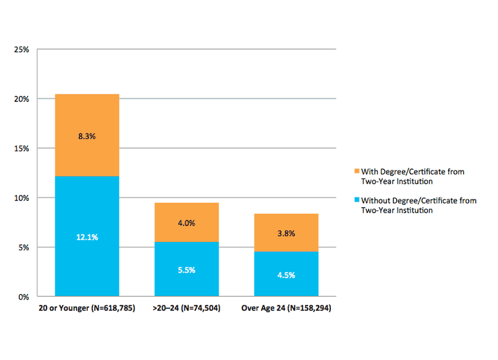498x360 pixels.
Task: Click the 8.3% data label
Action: [87, 136]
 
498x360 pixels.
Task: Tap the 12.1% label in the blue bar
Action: [87, 237]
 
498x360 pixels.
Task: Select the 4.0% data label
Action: [186, 223]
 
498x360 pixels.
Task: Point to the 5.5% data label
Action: [186, 270]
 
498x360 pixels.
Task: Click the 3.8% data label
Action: [286, 233]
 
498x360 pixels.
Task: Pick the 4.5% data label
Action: [286, 275]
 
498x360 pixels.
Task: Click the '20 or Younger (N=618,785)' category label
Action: [87, 308]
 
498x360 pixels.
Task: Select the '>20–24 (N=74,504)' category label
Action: [186, 308]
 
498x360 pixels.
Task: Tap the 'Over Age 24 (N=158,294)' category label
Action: [286, 308]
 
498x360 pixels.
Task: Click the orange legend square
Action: [357, 172]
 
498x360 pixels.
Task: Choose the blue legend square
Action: [357, 200]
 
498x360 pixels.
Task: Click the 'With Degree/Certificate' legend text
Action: [412, 176]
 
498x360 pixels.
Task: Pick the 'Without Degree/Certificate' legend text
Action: [418, 205]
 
